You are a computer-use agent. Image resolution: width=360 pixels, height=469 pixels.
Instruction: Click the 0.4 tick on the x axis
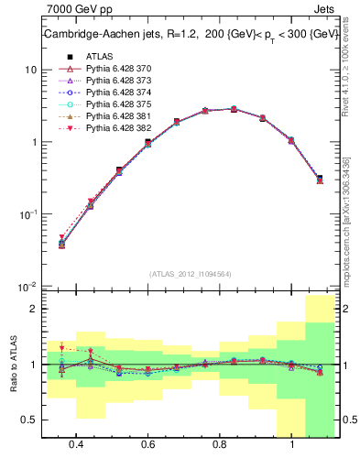[x=76, y=445]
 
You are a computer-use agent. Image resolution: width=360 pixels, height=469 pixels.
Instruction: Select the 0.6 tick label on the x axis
[x=148, y=445]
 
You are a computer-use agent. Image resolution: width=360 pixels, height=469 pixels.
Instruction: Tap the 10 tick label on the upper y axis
[x=30, y=71]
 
